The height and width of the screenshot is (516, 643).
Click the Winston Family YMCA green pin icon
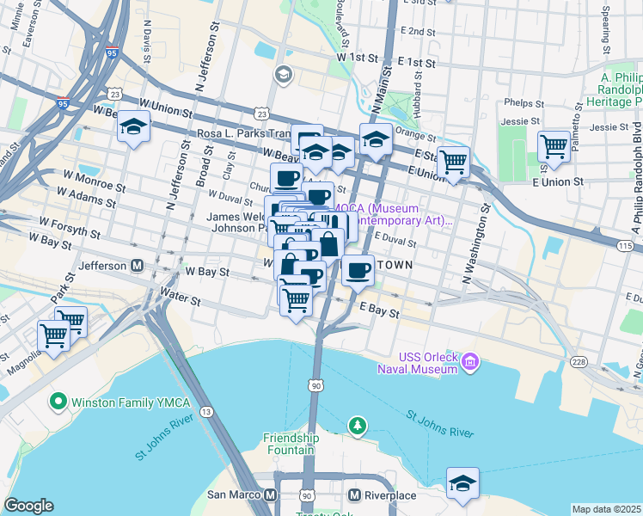click(58, 401)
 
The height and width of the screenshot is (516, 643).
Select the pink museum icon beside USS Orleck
click(469, 364)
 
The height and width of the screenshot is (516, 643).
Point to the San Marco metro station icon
click(270, 495)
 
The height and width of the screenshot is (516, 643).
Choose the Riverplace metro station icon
click(354, 495)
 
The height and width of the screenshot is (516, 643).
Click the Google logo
click(28, 505)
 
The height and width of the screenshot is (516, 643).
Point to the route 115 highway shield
click(626, 246)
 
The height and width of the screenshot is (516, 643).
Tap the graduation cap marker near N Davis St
click(134, 128)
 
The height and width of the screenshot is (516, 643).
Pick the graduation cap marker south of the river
click(462, 483)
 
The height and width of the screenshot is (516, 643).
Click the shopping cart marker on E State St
click(453, 161)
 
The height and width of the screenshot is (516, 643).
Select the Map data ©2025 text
click(607, 509)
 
